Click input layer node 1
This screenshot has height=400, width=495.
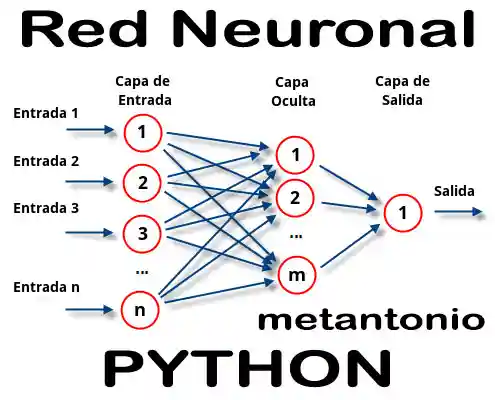[143, 131]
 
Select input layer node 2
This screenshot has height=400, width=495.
[143, 182]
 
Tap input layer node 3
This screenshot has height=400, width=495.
[143, 234]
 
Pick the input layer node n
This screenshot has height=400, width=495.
[141, 309]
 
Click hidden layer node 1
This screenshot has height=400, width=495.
[295, 155]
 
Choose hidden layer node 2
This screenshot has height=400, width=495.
[295, 197]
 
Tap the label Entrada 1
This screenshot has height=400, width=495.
[46, 113]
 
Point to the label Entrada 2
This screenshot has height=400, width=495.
[46, 161]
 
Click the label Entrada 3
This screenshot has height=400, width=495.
[46, 208]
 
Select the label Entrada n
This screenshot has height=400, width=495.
[46, 287]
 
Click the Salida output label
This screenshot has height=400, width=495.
[454, 190]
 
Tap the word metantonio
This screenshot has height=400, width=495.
[371, 321]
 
